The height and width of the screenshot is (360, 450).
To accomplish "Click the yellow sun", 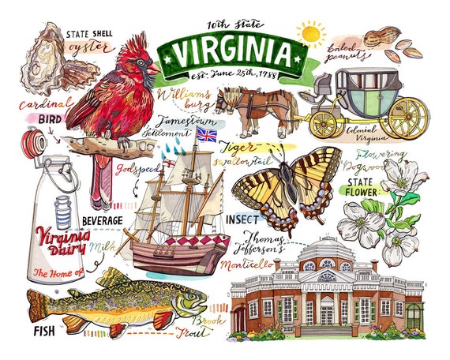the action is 309,34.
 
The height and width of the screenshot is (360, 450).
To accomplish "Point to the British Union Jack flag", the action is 206,136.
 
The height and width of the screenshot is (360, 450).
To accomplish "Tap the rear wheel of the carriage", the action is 408,115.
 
